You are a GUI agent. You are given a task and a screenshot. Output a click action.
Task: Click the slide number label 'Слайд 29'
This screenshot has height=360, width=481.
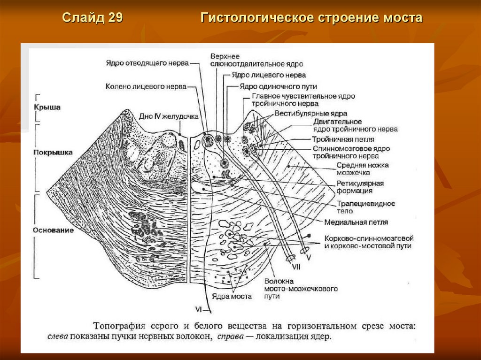[93, 18]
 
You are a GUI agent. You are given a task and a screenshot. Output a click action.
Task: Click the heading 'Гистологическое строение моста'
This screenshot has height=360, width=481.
[312, 18]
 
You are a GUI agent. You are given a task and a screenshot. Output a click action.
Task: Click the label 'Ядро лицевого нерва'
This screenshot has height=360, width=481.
[268, 75]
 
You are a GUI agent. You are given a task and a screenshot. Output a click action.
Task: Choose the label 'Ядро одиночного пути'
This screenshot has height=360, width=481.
[278, 87]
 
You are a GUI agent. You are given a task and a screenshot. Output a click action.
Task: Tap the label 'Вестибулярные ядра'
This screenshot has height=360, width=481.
[311, 114]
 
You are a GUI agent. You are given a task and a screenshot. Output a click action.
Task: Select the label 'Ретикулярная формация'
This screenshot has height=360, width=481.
[360, 187]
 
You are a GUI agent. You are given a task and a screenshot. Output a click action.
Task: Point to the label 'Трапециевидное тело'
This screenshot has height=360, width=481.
[365, 207]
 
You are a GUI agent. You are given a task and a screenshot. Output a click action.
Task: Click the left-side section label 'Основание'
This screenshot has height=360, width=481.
[53, 230]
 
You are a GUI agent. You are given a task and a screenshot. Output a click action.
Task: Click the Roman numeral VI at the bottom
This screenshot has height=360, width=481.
[199, 308]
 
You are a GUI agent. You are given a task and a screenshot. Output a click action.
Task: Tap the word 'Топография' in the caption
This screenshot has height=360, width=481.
[118, 325]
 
